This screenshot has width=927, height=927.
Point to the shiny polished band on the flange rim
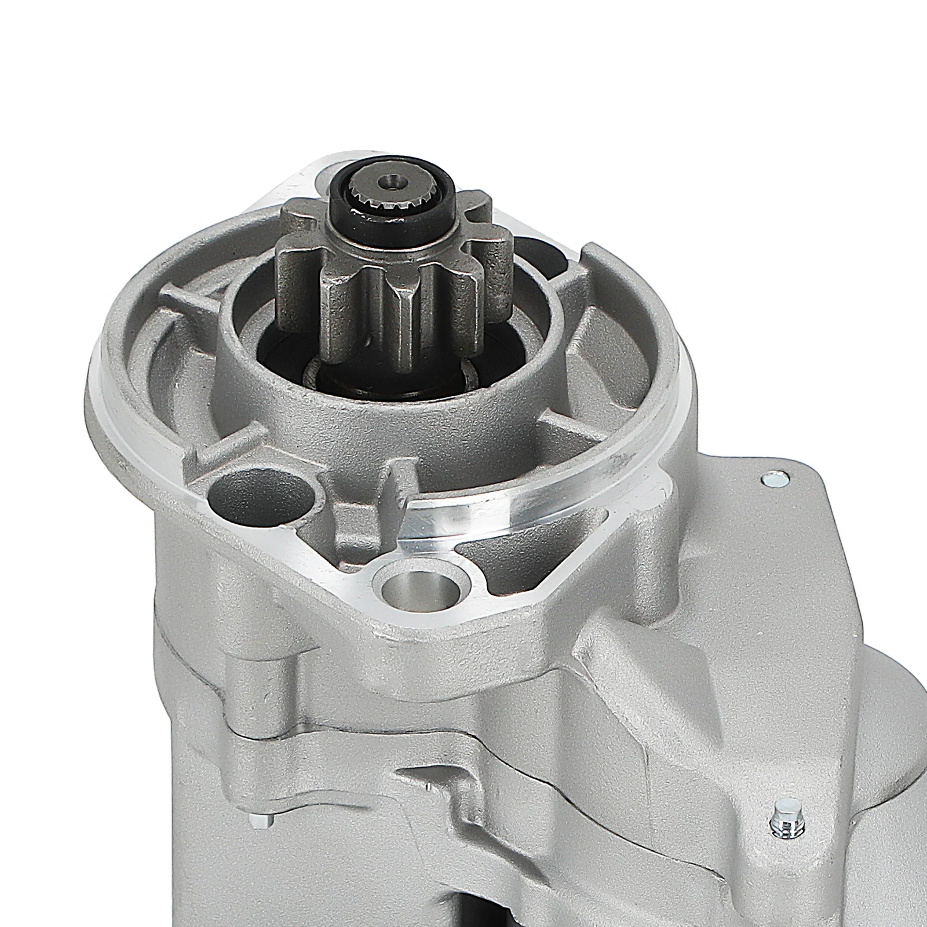(521, 504)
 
